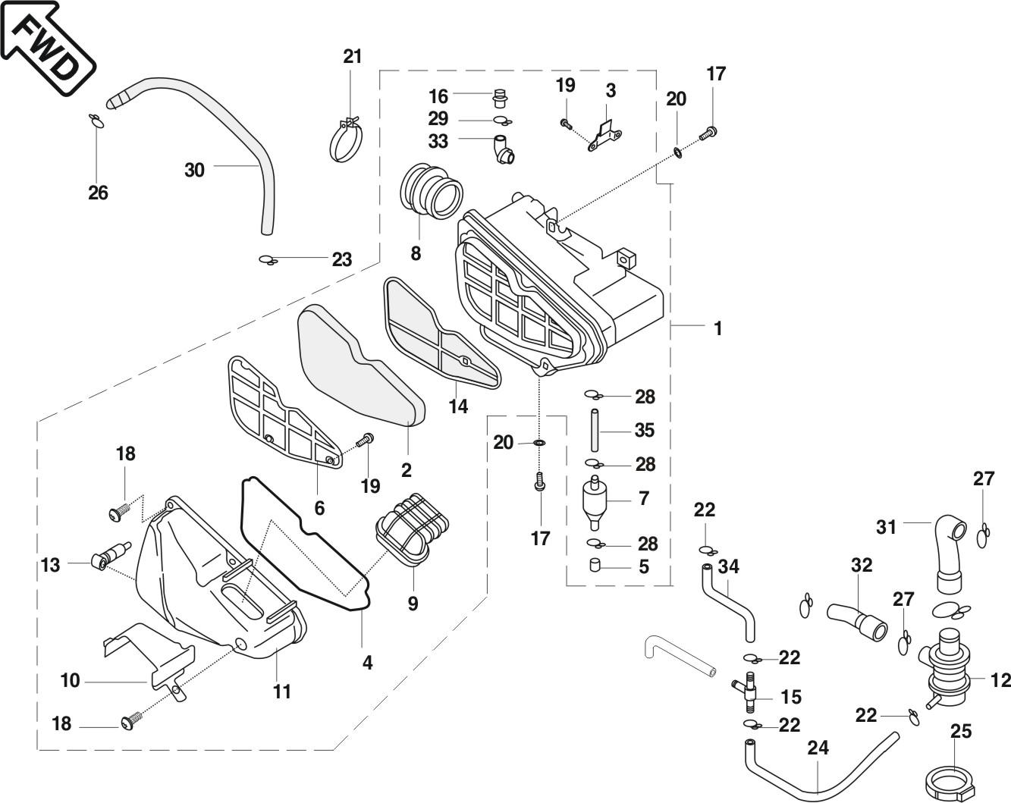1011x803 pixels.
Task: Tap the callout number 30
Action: pyautogui.click(x=195, y=170)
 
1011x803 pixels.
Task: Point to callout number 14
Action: pyautogui.click(x=458, y=406)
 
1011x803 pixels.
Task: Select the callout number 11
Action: pyautogui.click(x=282, y=691)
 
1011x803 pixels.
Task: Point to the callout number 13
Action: pyautogui.click(x=50, y=566)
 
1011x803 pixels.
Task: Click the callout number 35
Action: pyautogui.click(x=644, y=430)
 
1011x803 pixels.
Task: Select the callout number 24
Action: pyautogui.click(x=818, y=748)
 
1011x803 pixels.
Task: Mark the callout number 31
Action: pyautogui.click(x=887, y=526)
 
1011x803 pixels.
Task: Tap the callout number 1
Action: pyautogui.click(x=717, y=328)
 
